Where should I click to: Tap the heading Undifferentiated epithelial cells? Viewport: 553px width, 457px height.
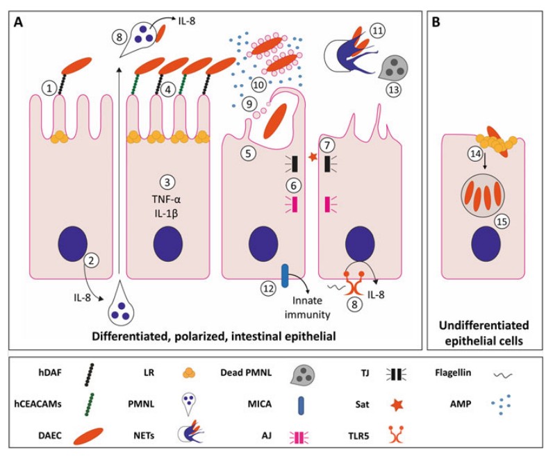(485, 332)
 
